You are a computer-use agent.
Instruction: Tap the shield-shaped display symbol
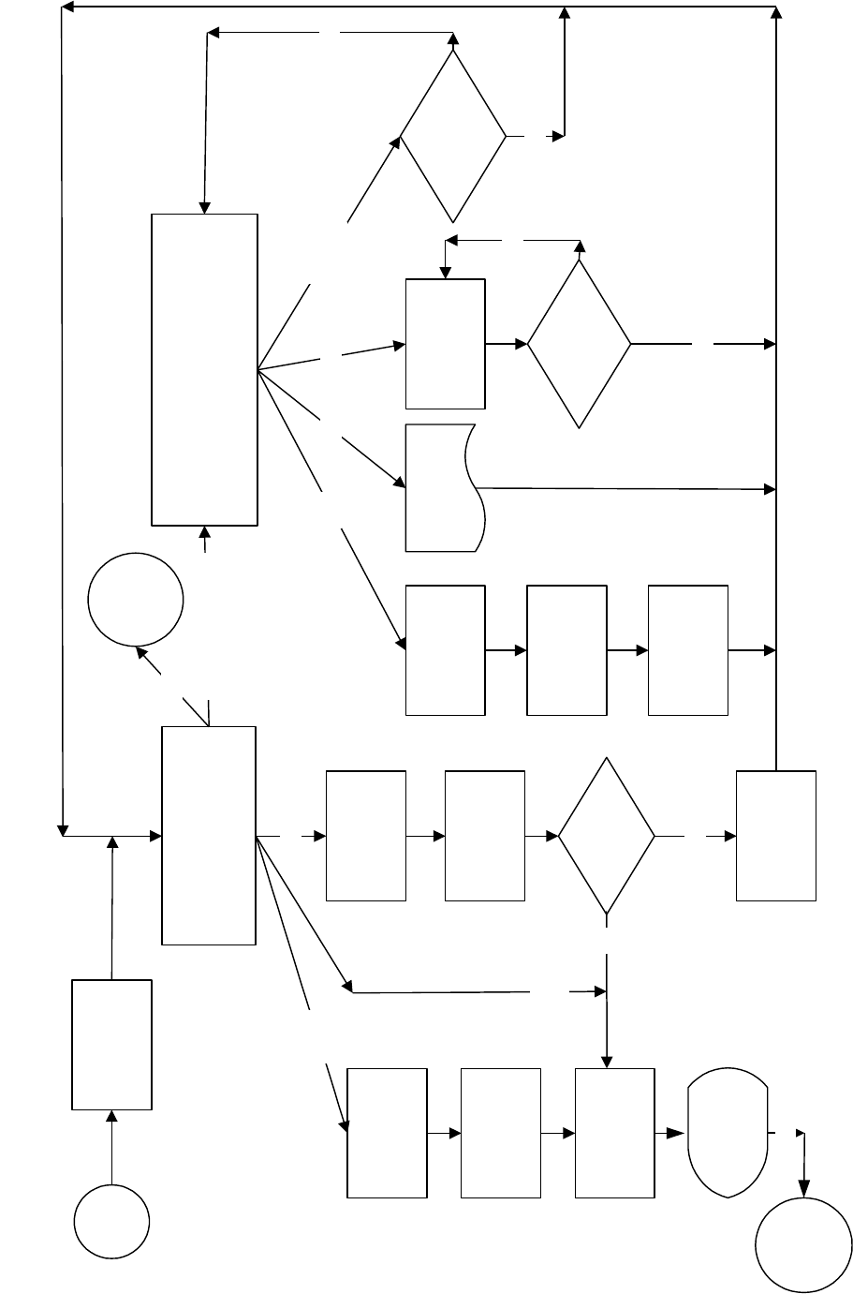(x=728, y=1133)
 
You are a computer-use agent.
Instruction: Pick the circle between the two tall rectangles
(x=135, y=599)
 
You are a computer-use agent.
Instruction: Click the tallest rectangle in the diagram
(x=205, y=368)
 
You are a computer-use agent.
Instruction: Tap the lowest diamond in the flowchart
(x=607, y=835)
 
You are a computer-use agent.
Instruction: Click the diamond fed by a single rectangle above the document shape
(x=580, y=344)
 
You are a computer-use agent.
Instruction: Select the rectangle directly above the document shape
(x=445, y=344)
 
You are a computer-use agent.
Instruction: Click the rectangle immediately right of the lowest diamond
(x=775, y=835)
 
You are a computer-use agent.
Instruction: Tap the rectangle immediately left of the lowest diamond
(x=485, y=835)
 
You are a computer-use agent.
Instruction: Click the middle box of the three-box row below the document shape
(x=566, y=650)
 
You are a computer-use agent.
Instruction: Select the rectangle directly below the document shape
(x=445, y=650)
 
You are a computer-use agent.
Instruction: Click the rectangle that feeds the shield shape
(x=614, y=1133)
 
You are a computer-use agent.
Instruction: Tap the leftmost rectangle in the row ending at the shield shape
(x=387, y=1133)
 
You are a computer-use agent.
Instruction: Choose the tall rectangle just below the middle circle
(x=209, y=835)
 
